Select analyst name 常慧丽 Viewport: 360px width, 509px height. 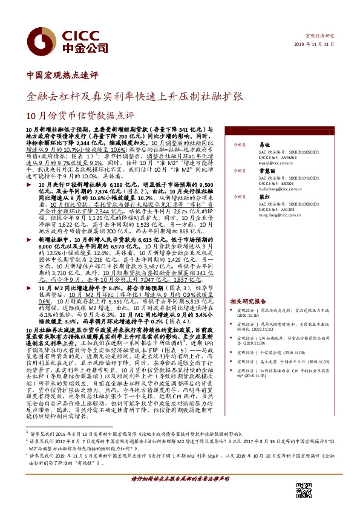point(267,171)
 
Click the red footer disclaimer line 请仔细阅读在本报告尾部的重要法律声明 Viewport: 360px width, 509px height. point(179,496)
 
